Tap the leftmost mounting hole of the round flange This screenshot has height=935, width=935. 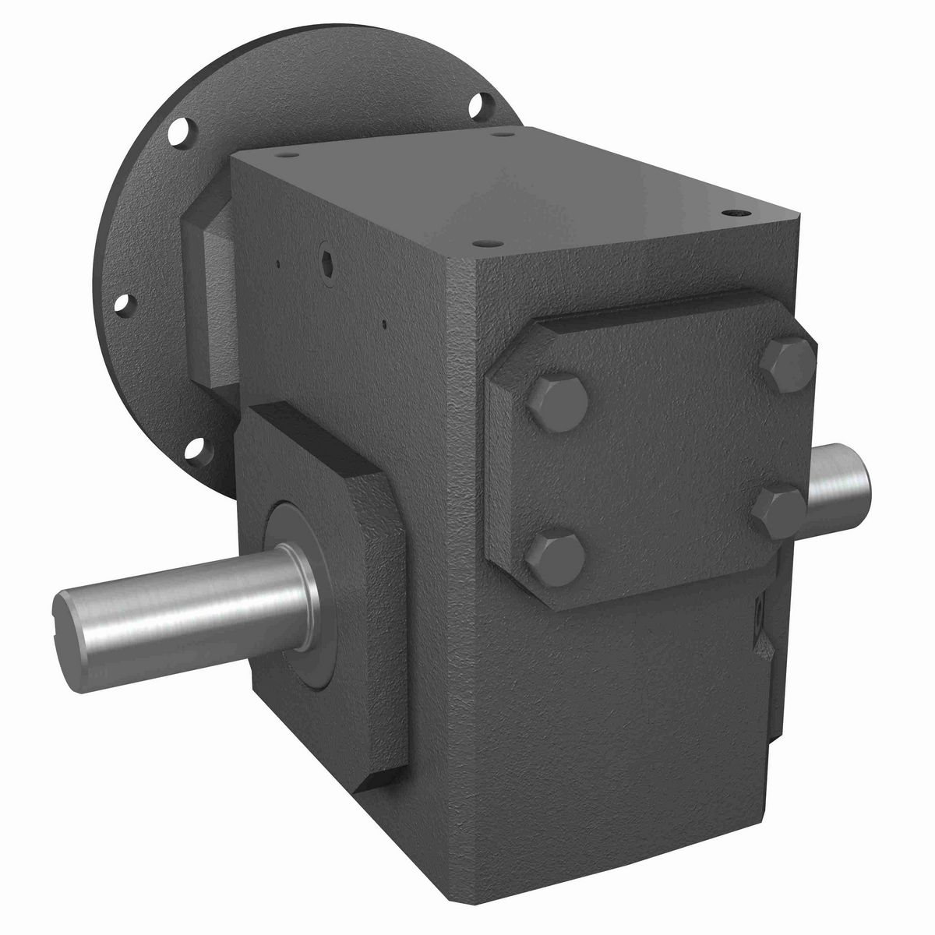click(123, 302)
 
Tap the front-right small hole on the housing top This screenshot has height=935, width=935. click(735, 211)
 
